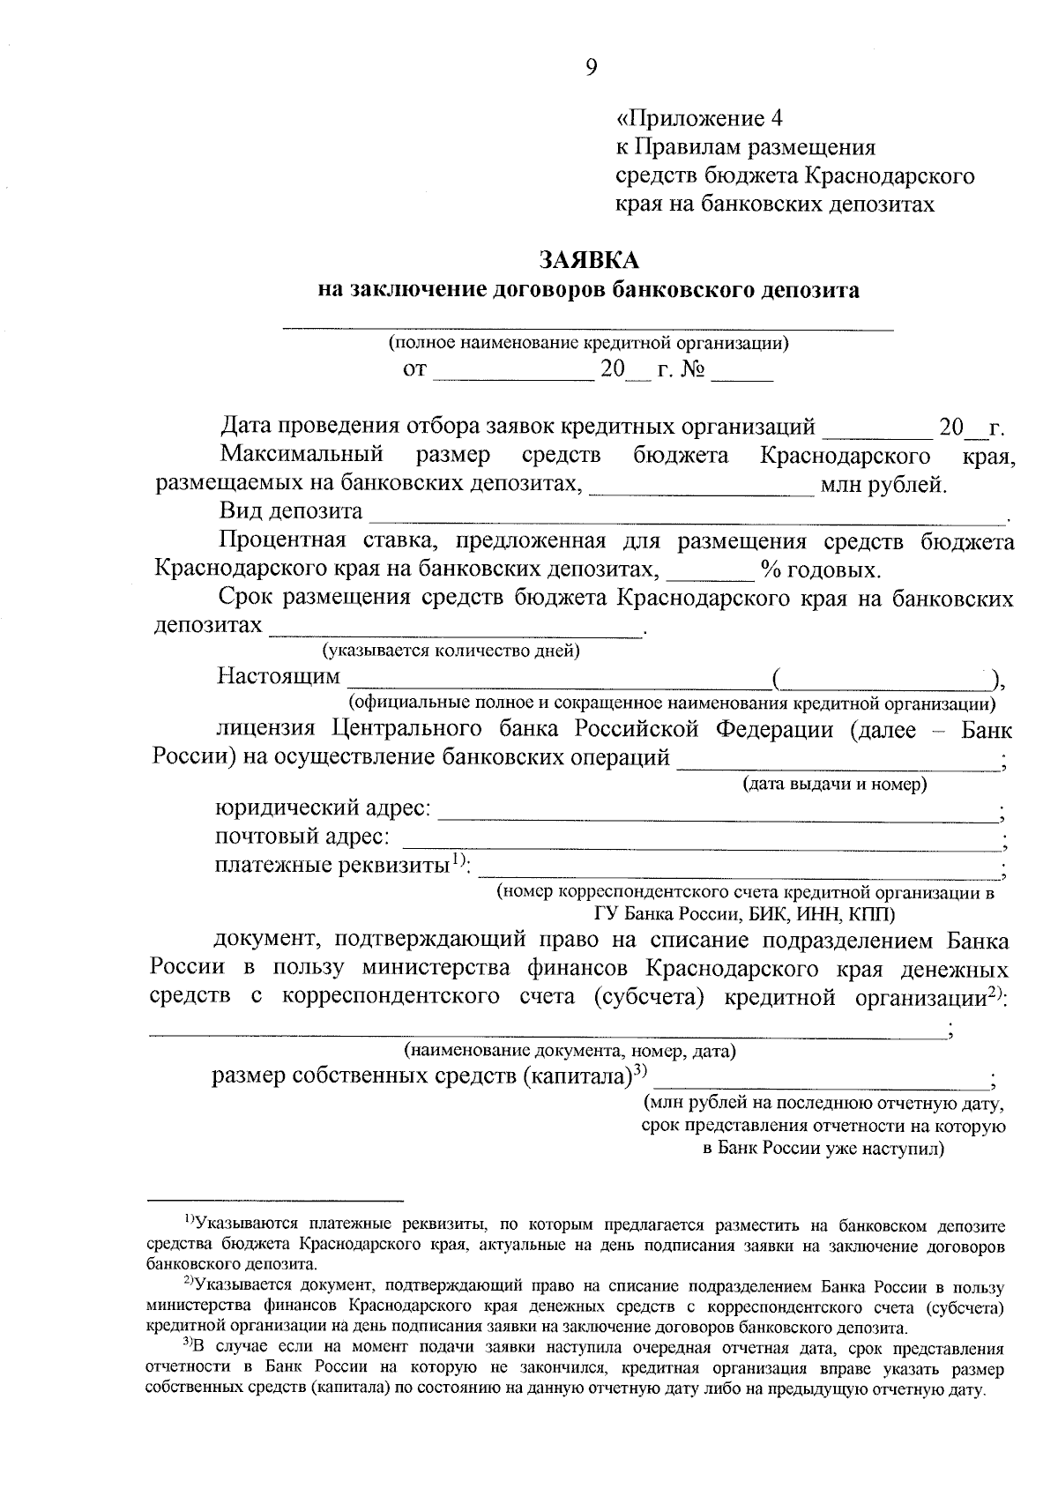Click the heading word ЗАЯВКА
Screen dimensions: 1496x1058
588,261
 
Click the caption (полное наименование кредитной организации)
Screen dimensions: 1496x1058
588,343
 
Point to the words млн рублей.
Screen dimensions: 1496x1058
883,484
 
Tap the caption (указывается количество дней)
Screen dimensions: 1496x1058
451,651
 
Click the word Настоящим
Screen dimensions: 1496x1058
279,676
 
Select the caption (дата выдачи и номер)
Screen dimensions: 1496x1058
835,783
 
